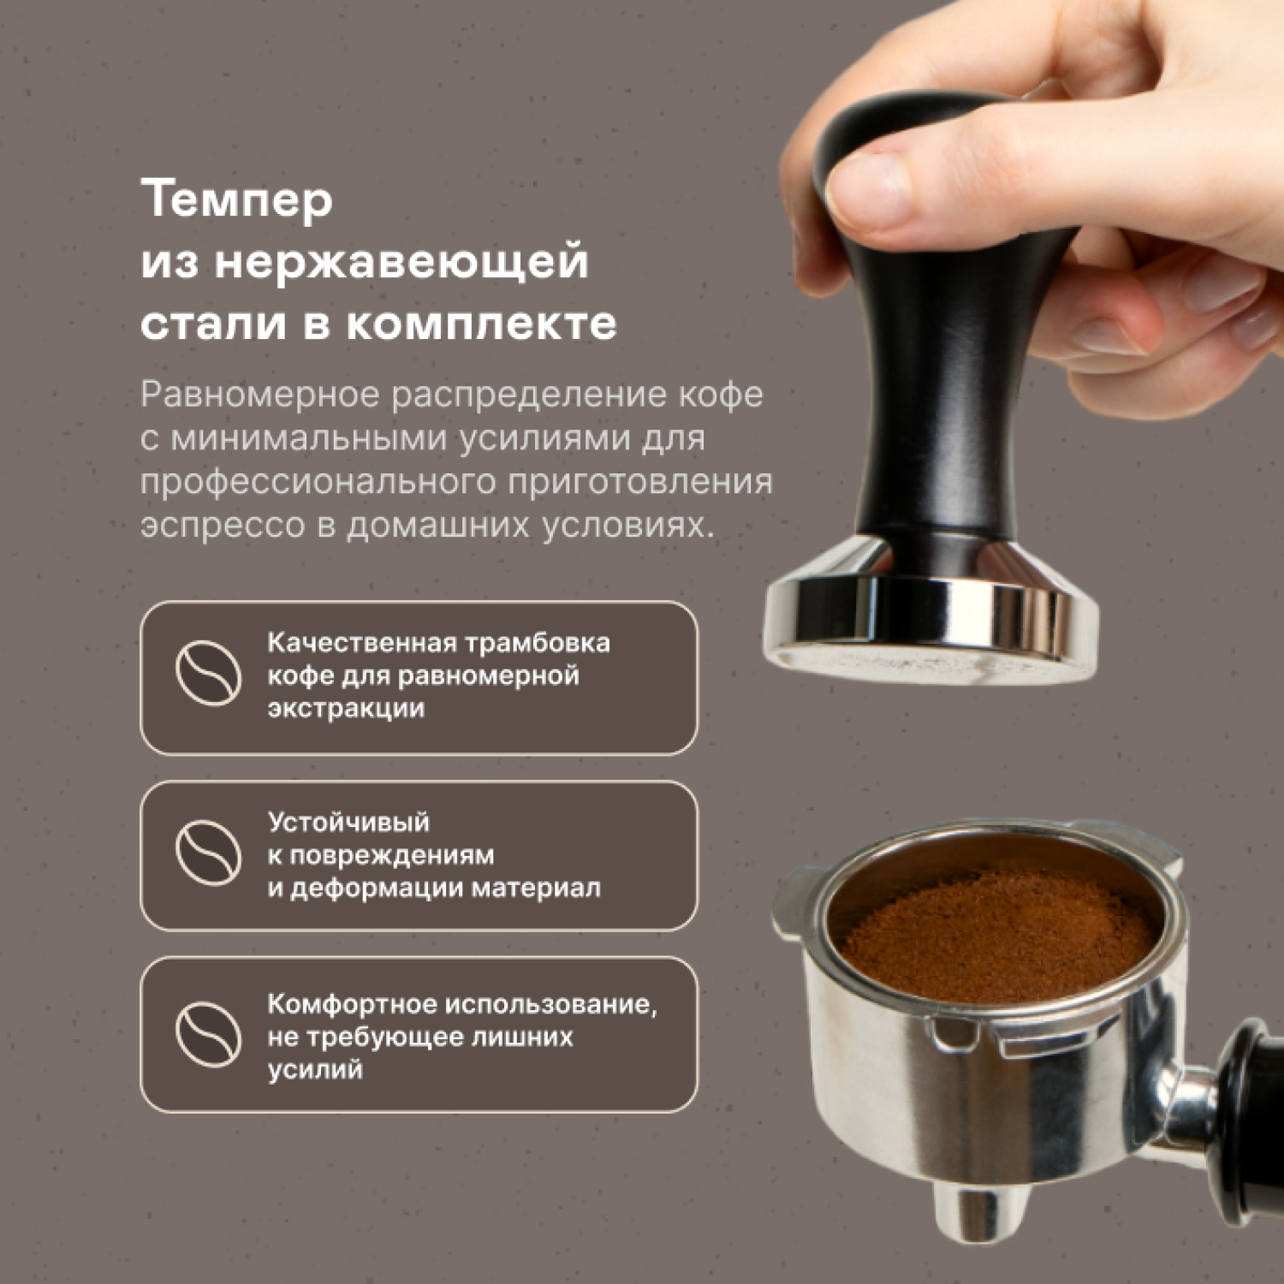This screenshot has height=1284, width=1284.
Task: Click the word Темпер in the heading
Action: tap(236, 200)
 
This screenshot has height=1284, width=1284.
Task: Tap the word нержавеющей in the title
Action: tap(401, 262)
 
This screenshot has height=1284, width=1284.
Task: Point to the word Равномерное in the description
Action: tap(259, 395)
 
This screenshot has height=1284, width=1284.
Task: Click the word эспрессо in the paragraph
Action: tap(223, 525)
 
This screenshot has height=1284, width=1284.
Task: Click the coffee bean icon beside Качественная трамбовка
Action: tap(208, 673)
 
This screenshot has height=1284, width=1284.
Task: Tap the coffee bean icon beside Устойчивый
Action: tap(208, 853)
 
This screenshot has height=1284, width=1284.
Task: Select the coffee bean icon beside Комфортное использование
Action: tap(208, 1034)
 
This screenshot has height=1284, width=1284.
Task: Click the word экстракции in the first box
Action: tap(346, 709)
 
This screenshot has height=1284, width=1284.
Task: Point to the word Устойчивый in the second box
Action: tap(348, 822)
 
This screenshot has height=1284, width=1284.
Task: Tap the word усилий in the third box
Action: tap(315, 1069)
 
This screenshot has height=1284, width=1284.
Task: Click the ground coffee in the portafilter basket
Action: tap(997, 933)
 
